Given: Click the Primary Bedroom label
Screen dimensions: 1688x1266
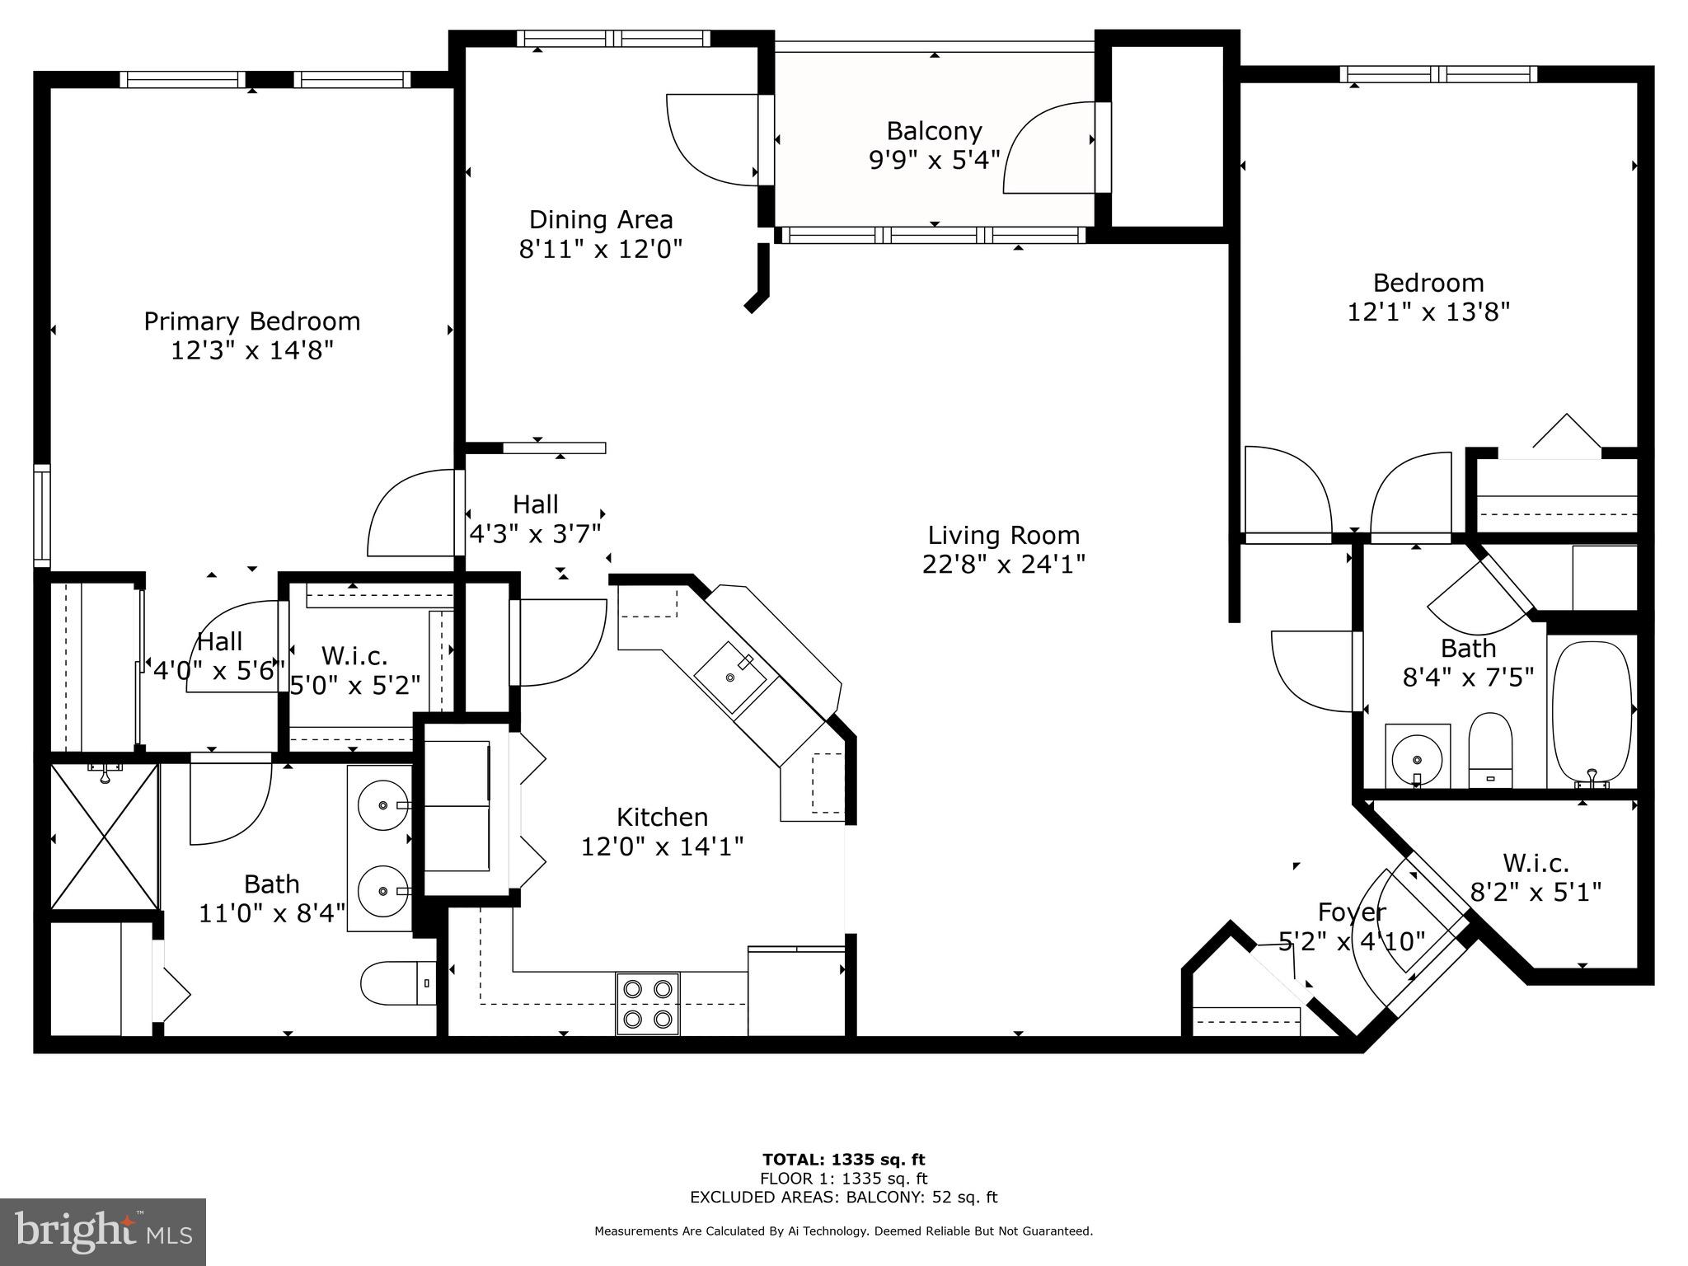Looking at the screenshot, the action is coord(251,321).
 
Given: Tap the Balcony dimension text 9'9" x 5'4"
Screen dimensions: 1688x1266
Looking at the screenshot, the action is coord(934,160).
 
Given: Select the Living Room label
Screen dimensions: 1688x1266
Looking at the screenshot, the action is coord(1003,535).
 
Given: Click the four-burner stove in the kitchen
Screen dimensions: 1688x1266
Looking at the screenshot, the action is coord(647,1004).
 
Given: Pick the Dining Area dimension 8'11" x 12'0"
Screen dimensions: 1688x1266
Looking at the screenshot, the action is coord(600,249).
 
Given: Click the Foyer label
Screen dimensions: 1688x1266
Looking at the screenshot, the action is coord(1351,912).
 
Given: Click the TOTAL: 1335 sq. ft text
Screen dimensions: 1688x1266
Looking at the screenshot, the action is coord(843,1160).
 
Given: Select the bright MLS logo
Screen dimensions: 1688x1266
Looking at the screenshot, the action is coord(103,1233).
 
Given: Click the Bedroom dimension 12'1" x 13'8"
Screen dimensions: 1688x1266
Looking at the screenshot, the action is coord(1428,312).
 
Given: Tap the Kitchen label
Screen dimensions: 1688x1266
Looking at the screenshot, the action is coord(662,817).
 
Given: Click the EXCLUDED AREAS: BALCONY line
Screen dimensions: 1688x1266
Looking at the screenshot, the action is coord(843,1198).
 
